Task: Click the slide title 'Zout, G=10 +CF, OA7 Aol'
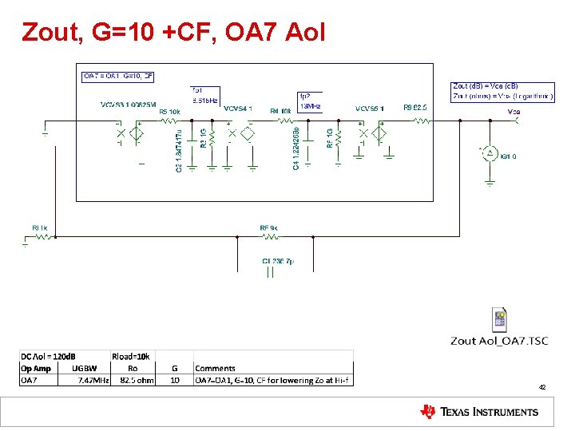pos(174,33)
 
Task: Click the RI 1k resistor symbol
pos(39,237)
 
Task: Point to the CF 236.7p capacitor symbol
pos(270,272)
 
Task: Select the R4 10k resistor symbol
pos(284,121)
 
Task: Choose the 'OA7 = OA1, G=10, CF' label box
pos(118,77)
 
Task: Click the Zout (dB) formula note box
pos(502,90)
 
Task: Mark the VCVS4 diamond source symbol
pos(247,132)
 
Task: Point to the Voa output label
pos(514,112)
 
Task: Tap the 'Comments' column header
pos(216,368)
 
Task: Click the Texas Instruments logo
pos(479,412)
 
